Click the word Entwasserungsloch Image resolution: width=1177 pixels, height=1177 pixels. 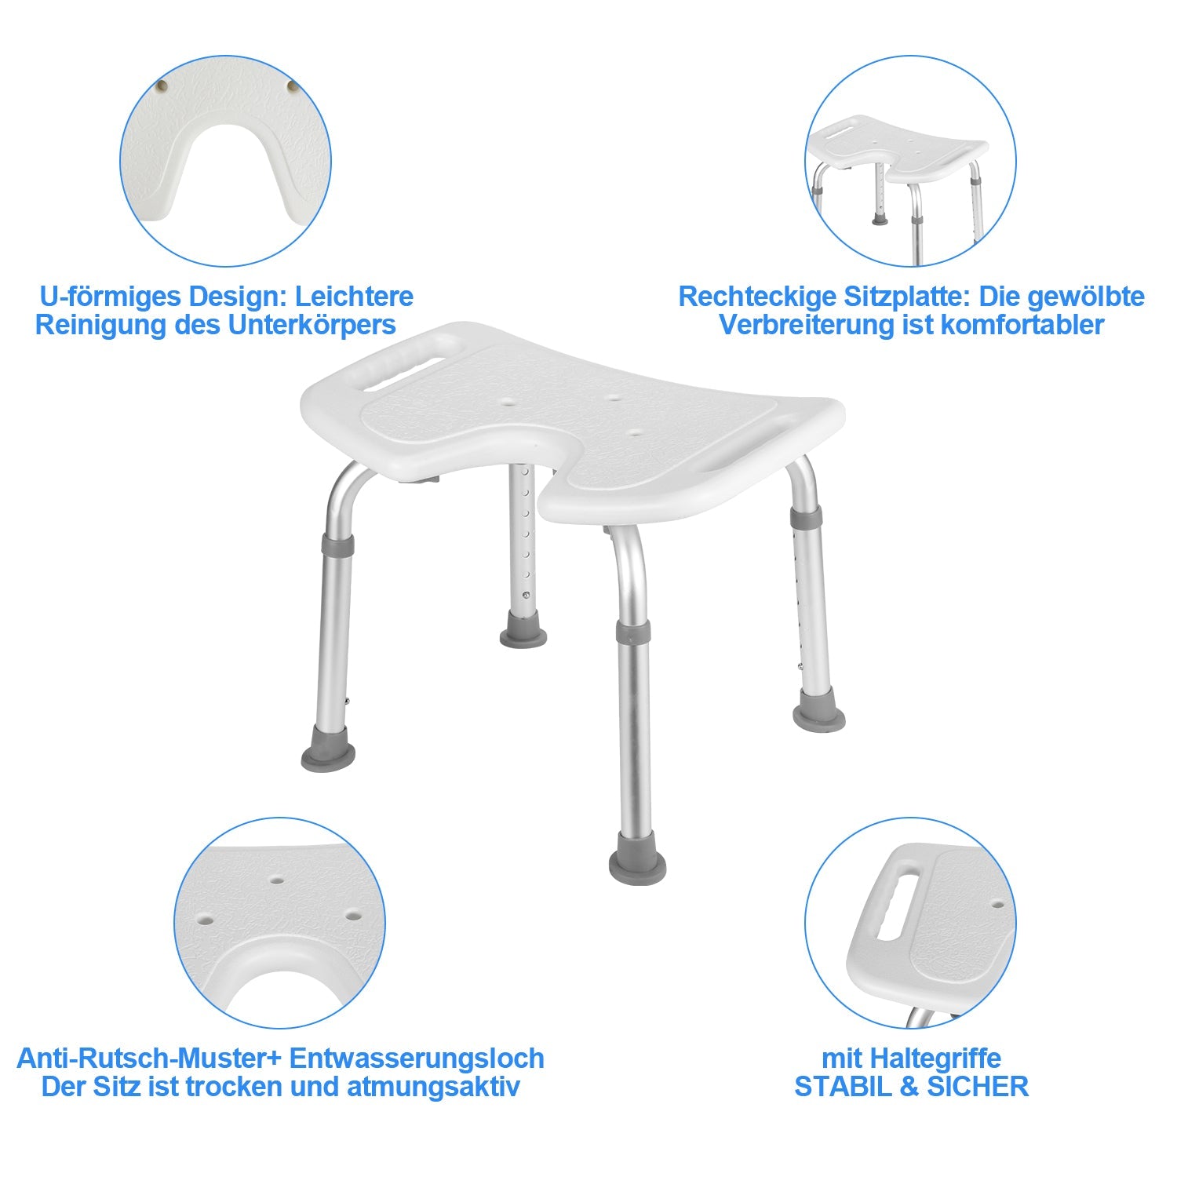tap(417, 1059)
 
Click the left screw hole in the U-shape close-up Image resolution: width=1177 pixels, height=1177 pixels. tap(162, 85)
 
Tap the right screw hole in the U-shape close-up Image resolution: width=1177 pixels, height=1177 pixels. tap(292, 85)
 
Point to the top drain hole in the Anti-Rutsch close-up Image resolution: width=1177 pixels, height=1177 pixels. tap(276, 880)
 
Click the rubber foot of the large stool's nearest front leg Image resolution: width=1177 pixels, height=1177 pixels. tap(637, 867)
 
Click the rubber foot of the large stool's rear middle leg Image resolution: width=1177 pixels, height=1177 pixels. tap(523, 632)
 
